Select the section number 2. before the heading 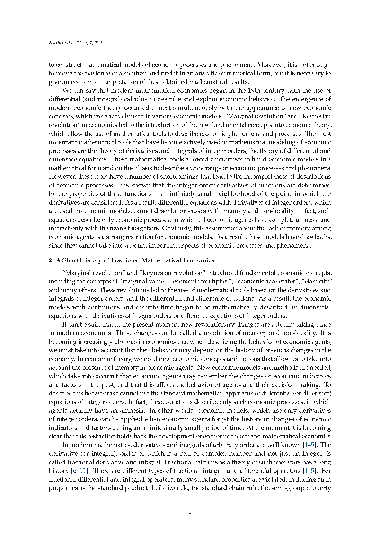click(x=52, y=260)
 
